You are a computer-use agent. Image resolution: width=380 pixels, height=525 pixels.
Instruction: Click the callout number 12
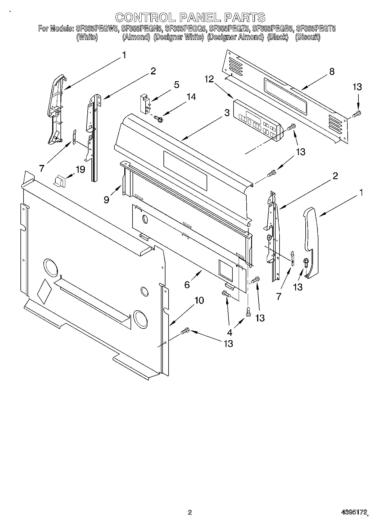pyautogui.click(x=209, y=79)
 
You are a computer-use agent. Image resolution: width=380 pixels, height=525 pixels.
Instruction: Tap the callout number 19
pyautogui.click(x=80, y=170)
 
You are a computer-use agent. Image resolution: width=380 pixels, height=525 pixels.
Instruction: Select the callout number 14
pyautogui.click(x=191, y=97)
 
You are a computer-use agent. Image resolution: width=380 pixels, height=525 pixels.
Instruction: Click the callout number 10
pyautogui.click(x=199, y=300)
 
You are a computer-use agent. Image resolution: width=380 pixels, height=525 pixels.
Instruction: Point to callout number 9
pyautogui.click(x=106, y=200)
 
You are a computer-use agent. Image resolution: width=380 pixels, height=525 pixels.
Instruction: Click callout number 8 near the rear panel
pyautogui.click(x=331, y=72)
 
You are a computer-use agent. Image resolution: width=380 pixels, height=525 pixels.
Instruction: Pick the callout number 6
pyautogui.click(x=187, y=285)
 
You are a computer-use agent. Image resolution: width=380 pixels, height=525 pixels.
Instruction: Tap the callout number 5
pyautogui.click(x=177, y=85)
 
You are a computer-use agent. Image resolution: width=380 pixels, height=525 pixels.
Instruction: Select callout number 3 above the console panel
pyautogui.click(x=226, y=113)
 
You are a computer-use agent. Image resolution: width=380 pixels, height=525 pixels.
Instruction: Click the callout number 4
pyautogui.click(x=230, y=332)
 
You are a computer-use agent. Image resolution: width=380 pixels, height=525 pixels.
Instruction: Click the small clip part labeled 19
pyautogui.click(x=60, y=181)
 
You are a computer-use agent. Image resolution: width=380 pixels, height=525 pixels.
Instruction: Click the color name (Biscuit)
pyautogui.click(x=308, y=37)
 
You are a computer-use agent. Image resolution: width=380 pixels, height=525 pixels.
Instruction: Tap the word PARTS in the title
pyautogui.click(x=244, y=17)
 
